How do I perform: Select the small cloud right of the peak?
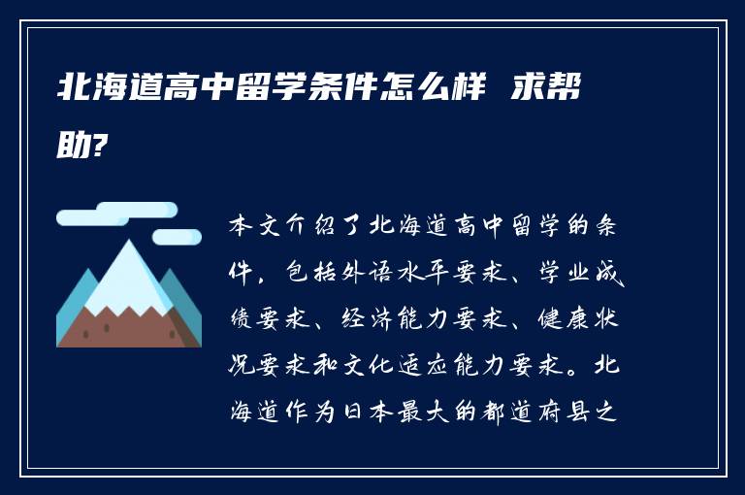[x=178, y=236]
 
